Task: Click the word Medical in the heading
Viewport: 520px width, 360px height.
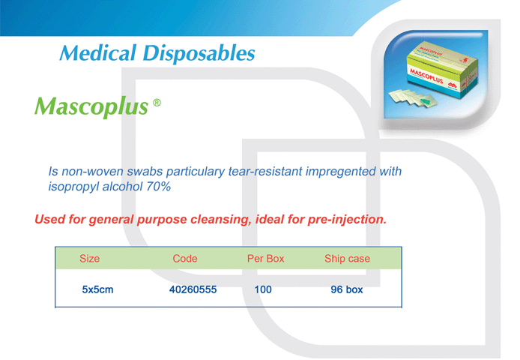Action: point(98,53)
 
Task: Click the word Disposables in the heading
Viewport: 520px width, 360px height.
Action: point(199,53)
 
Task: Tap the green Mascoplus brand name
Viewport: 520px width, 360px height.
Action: point(91,106)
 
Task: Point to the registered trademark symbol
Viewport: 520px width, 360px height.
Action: point(157,103)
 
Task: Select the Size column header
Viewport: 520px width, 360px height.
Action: point(90,259)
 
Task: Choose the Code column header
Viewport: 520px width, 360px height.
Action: point(185,259)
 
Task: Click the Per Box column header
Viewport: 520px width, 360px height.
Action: point(266,259)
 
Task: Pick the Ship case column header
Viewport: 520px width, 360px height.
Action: point(347,259)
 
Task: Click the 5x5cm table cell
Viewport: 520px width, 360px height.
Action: point(98,289)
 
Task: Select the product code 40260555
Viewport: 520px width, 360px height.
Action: point(193,289)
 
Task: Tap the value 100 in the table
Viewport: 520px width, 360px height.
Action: point(263,289)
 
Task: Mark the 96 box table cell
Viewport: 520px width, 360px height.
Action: point(347,289)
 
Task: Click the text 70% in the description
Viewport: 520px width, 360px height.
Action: point(159,187)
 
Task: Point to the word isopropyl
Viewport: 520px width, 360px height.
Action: point(73,187)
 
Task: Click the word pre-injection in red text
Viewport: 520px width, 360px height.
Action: point(347,220)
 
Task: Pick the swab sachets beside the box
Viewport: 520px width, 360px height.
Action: point(413,98)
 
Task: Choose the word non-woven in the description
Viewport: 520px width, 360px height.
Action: point(92,171)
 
